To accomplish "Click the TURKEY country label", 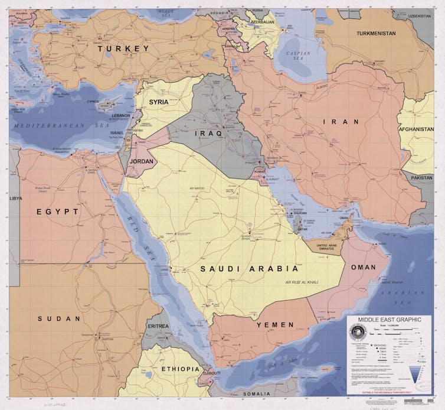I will [123, 48].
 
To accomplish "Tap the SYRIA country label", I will [158, 102].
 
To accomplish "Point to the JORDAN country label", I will [142, 161].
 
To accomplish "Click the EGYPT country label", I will [57, 211].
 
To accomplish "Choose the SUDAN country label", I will [59, 318].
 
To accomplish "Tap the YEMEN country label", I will [274, 325].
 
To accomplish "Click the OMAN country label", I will [363, 267].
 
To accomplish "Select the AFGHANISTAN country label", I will [416, 129].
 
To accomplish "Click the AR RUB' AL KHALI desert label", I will [302, 283].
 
